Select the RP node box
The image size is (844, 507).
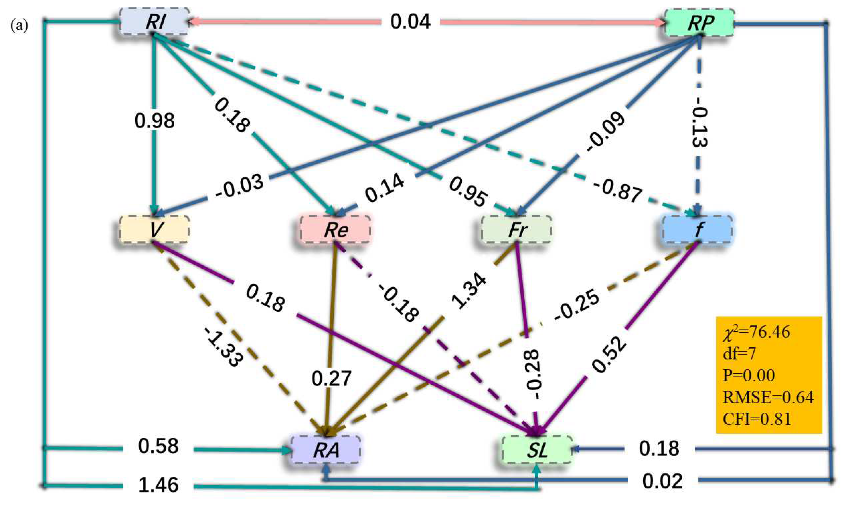click(x=699, y=22)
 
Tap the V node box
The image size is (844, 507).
click(x=154, y=229)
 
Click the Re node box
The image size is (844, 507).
click(x=335, y=229)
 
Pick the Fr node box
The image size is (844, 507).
click(x=516, y=229)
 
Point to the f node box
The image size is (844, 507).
click(x=697, y=229)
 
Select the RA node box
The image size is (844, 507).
click(x=326, y=450)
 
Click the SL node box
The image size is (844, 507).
click(x=537, y=450)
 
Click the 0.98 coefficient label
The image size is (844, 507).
click(x=154, y=121)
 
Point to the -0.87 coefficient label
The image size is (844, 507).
click(x=617, y=192)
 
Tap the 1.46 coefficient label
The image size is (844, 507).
click(x=158, y=485)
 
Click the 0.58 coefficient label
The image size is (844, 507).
click(x=158, y=446)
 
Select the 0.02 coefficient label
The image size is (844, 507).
click(x=663, y=481)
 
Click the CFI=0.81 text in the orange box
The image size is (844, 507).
click(x=757, y=419)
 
